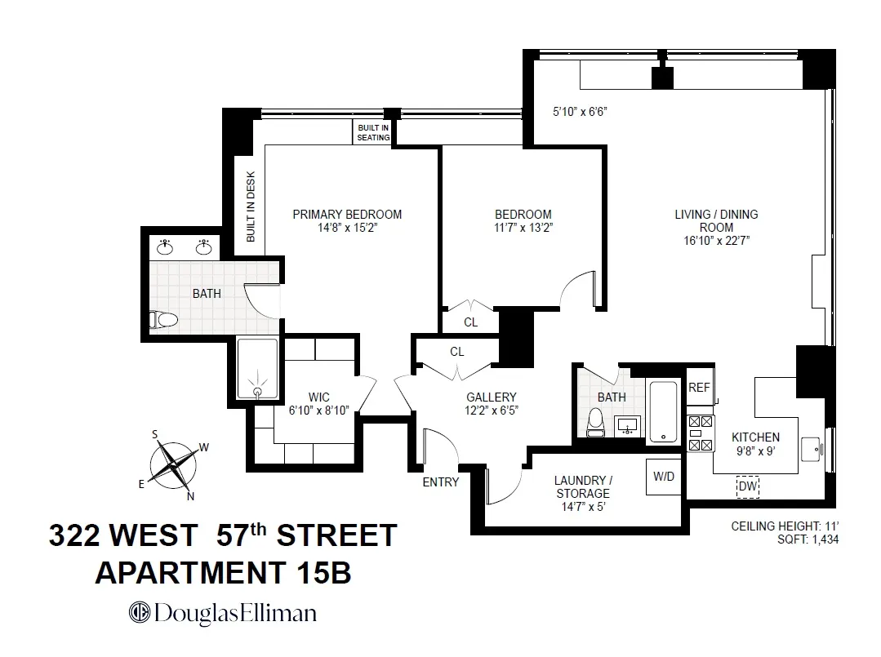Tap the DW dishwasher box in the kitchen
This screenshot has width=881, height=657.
pyautogui.click(x=747, y=486)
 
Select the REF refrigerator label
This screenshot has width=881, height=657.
pyautogui.click(x=699, y=388)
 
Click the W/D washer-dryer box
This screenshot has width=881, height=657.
pyautogui.click(x=663, y=477)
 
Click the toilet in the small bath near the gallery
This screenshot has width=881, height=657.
pyautogui.click(x=595, y=421)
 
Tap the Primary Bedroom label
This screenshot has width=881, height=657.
pyautogui.click(x=347, y=215)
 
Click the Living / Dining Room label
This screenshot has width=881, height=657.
pyautogui.click(x=716, y=221)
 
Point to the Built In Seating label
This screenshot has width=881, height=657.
pyautogui.click(x=373, y=133)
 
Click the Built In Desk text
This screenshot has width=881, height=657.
pyautogui.click(x=251, y=206)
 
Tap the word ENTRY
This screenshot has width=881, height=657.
pyautogui.click(x=440, y=482)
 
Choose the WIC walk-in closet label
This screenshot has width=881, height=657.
pyautogui.click(x=318, y=397)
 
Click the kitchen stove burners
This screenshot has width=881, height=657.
pyautogui.click(x=701, y=433)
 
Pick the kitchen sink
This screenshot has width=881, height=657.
pyautogui.click(x=811, y=448)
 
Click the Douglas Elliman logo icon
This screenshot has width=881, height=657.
pyautogui.click(x=139, y=613)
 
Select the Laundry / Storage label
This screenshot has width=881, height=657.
pyautogui.click(x=583, y=486)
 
